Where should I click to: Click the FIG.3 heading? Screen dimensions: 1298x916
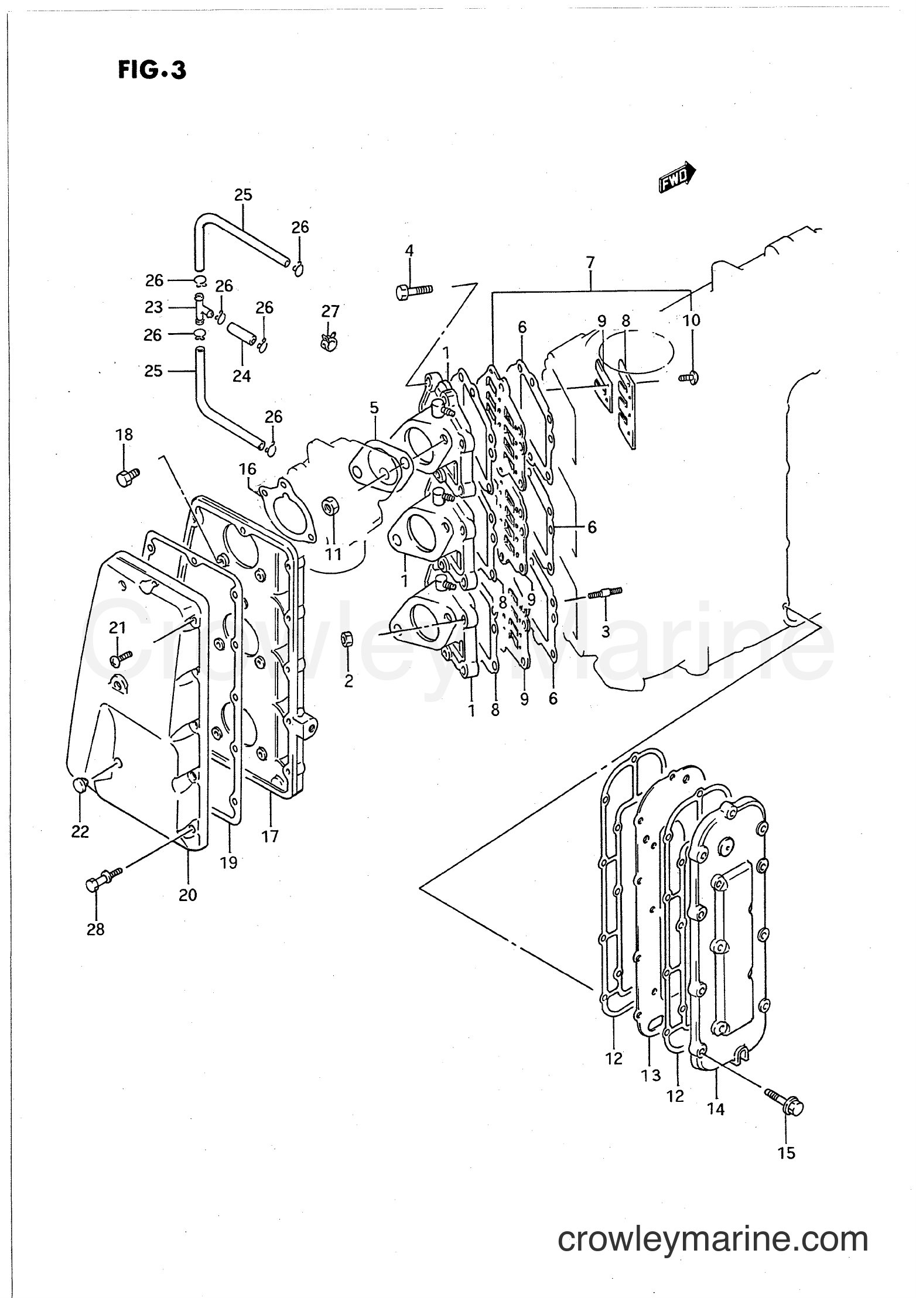[x=152, y=70]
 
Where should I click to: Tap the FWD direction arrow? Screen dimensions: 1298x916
[x=677, y=177]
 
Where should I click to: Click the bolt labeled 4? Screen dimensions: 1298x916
[x=413, y=290]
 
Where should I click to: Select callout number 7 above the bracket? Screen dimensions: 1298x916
[x=590, y=262]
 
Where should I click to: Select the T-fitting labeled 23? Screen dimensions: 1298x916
[x=201, y=308]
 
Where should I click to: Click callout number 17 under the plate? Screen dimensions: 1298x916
[x=270, y=837]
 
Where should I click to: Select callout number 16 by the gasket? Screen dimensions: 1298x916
[x=248, y=469]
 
